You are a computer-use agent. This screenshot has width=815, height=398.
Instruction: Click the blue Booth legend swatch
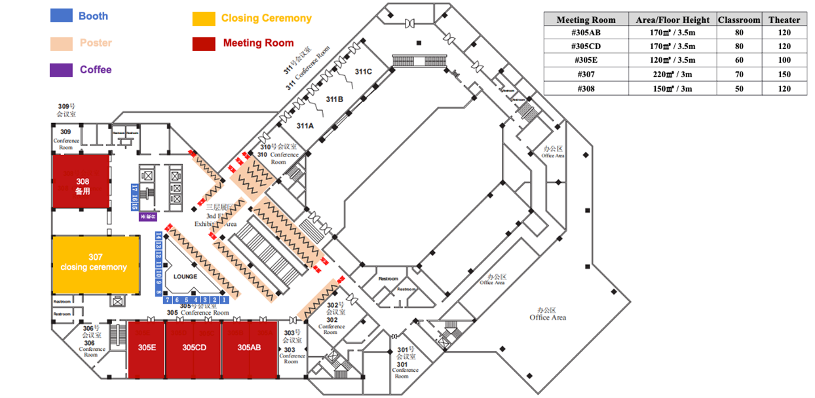(61, 16)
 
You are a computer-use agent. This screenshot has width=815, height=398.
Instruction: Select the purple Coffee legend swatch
(61, 70)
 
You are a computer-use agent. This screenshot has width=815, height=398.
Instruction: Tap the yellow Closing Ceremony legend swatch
(204, 18)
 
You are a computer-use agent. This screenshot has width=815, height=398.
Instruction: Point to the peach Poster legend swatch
(61, 43)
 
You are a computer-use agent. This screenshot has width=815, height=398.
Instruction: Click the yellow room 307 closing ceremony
(96, 264)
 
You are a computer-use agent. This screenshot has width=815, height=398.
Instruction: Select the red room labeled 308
(81, 182)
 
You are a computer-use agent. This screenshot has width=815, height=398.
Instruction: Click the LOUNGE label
(185, 277)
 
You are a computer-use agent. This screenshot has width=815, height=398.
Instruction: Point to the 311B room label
(335, 99)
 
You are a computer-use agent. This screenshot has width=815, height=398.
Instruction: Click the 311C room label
(364, 71)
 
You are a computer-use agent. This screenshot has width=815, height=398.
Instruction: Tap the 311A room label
(306, 125)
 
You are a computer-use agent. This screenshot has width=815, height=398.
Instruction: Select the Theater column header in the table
(784, 20)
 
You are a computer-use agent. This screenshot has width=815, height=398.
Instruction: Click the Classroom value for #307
(738, 75)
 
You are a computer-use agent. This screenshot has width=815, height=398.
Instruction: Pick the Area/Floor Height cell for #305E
(672, 61)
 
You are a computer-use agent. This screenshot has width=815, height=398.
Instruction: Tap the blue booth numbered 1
(223, 300)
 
